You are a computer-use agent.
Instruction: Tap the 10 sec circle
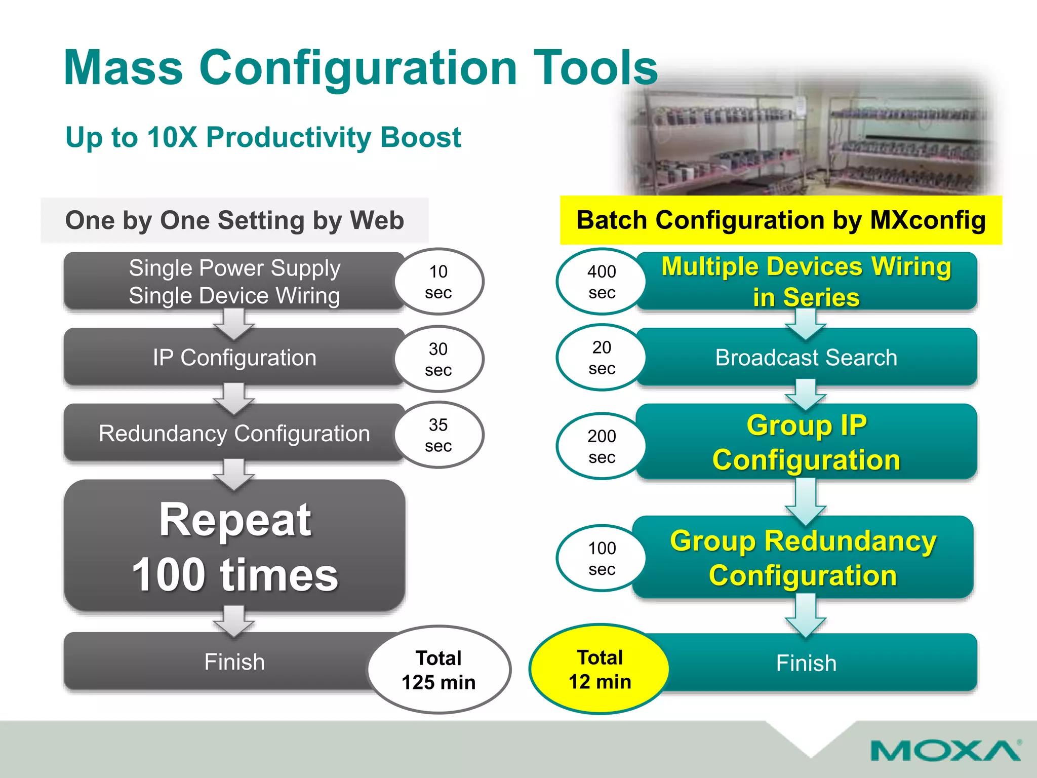438,282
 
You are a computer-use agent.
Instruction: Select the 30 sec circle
438,359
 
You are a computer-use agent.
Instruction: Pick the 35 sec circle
438,435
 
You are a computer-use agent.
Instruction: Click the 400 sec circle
602,282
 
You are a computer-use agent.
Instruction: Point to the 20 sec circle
602,358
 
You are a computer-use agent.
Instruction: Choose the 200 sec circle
602,446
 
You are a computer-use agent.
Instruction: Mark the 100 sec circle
602,558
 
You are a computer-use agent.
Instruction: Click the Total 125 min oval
438,670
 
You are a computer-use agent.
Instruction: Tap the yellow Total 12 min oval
600,669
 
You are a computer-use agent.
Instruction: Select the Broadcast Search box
806,358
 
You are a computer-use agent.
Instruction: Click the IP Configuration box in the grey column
234,358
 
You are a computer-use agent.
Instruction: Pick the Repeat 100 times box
234,546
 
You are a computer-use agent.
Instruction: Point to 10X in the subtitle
172,137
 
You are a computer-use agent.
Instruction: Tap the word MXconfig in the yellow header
928,220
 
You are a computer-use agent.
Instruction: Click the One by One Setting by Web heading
234,220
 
